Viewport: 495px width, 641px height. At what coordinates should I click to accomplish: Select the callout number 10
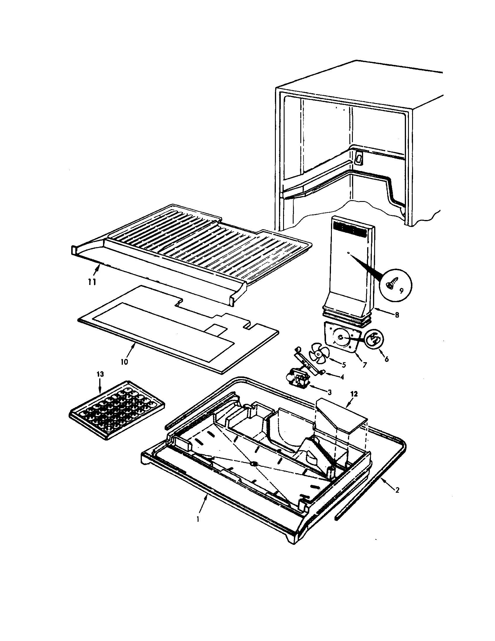pyautogui.click(x=124, y=362)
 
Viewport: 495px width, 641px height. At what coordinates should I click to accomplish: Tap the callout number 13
pyautogui.click(x=100, y=374)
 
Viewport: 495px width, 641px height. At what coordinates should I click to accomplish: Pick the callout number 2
pyautogui.click(x=398, y=490)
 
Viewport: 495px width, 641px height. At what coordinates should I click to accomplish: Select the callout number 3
pyautogui.click(x=330, y=392)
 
